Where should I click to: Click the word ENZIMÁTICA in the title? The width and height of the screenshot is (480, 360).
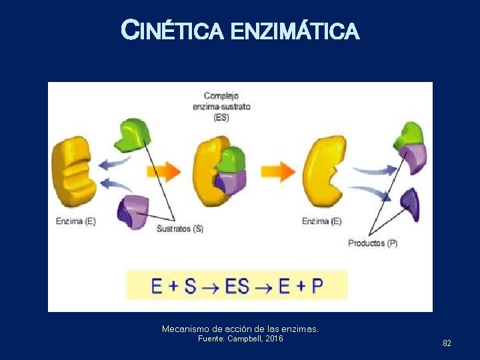tap(295, 31)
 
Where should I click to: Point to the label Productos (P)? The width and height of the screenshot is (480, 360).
tap(373, 243)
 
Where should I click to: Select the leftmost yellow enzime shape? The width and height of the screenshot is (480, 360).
tap(73, 171)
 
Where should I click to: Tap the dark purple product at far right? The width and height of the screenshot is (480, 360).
tap(410, 204)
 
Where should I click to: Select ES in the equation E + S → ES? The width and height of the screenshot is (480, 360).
tap(237, 286)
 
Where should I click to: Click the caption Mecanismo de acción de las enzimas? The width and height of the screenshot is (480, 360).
tap(240, 329)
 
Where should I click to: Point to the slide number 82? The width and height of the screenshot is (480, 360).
tap(447, 343)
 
